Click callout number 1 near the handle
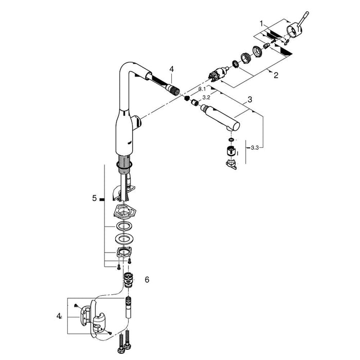[261, 24]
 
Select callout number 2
[276, 76]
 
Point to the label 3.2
[207, 97]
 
